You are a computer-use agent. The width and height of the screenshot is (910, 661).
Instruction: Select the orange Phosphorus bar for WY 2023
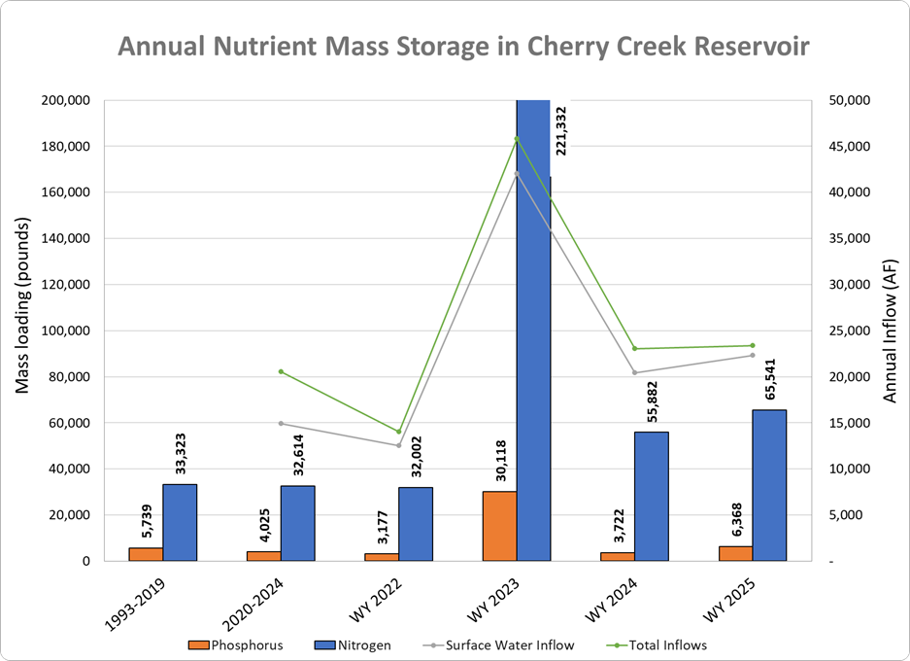pyautogui.click(x=499, y=526)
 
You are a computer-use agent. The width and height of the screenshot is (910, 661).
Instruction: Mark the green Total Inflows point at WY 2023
pyautogui.click(x=517, y=137)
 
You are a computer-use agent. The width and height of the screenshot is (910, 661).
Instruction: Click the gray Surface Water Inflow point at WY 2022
pyautogui.click(x=398, y=445)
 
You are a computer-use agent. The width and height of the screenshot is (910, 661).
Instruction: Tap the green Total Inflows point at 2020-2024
pyautogui.click(x=281, y=371)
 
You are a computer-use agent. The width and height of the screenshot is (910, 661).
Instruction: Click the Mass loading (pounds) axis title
pyautogui.click(x=23, y=306)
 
